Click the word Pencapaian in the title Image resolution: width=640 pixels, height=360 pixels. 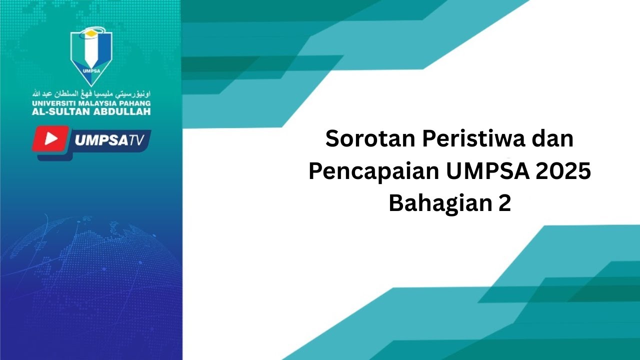coord(372,171)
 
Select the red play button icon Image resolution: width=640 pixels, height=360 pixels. coord(50,139)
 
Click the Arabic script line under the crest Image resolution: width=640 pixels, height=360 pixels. coord(91,93)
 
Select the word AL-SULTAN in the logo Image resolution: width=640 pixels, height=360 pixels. coord(61,111)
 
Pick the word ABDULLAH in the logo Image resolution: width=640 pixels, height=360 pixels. coord(122,111)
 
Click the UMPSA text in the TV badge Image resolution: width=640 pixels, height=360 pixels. coord(99,140)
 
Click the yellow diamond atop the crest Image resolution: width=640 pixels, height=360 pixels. coord(90,33)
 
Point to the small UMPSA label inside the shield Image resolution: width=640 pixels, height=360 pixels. coord(90,70)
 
